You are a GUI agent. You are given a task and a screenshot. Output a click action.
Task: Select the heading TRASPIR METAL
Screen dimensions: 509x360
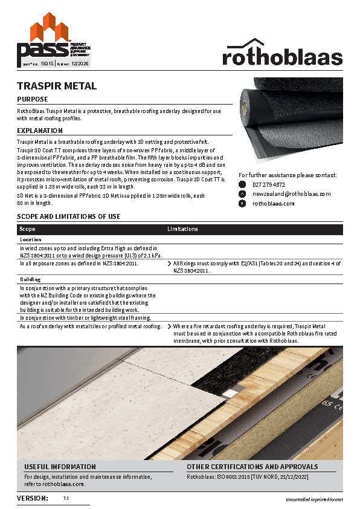tap(57, 86)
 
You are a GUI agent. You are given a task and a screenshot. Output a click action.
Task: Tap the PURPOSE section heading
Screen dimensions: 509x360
tap(33, 99)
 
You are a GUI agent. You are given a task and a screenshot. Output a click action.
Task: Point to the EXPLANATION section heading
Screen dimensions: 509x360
tap(40, 131)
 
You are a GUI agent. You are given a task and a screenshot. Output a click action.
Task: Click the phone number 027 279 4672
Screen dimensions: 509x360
tap(269, 184)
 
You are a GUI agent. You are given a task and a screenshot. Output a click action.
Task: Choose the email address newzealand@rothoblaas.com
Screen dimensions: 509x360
tap(291, 194)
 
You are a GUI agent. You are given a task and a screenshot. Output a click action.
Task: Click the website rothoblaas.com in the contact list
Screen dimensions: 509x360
tap(273, 204)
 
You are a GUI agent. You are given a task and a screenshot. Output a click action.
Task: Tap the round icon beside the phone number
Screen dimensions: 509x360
tap(242, 184)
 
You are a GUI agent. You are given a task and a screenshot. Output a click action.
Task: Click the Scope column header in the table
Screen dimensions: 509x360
tap(27, 229)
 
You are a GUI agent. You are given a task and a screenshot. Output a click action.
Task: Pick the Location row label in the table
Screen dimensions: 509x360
tap(30, 239)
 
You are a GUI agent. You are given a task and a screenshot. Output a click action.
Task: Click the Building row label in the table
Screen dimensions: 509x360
tap(30, 279)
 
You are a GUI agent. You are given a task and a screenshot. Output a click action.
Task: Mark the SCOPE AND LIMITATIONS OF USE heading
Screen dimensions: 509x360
tap(68, 216)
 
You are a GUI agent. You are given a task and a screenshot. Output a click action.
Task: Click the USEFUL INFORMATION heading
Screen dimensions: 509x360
tap(60, 467)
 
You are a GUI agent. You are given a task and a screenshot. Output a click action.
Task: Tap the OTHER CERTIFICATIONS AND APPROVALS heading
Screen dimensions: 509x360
tap(252, 467)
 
